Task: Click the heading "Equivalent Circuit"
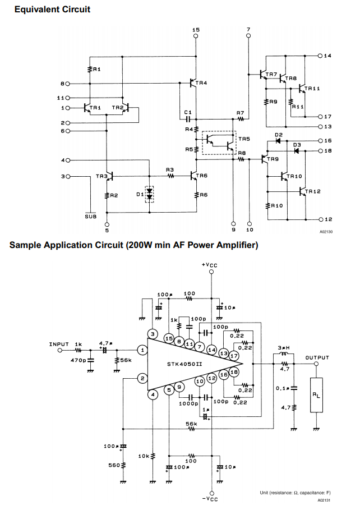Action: tap(53, 10)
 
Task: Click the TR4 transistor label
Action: tap(201, 83)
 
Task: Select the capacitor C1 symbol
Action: tap(188, 119)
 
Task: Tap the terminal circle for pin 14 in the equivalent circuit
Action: tap(320, 56)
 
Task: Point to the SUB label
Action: tap(91, 217)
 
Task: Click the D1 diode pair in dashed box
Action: tap(149, 194)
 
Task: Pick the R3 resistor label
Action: tap(170, 169)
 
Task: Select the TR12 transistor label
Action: tap(313, 191)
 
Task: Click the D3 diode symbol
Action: tap(297, 151)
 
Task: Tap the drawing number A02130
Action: tap(326, 232)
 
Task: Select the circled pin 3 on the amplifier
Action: tap(153, 334)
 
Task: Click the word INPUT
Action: tap(59, 345)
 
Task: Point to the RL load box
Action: tap(316, 395)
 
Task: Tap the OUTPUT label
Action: tap(317, 357)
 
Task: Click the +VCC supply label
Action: tap(209, 265)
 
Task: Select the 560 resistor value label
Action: tap(114, 465)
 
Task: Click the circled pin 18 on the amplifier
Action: tap(234, 373)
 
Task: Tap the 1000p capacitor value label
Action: tap(189, 403)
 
